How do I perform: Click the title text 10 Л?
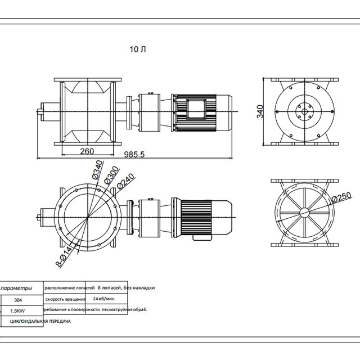pos(138,49)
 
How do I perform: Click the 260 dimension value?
pos(87,151)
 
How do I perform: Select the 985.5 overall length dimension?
pos(134,155)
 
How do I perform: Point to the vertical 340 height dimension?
pos(260,111)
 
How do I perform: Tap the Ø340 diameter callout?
pos(97,170)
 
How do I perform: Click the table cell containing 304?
pos(17,300)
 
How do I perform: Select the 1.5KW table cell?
pos(17,310)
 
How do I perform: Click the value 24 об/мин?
pos(104,299)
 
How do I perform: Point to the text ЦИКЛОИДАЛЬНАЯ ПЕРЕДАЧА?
pos(40,321)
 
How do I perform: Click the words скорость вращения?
pos(65,299)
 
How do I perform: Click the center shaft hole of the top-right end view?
pos(304,112)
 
